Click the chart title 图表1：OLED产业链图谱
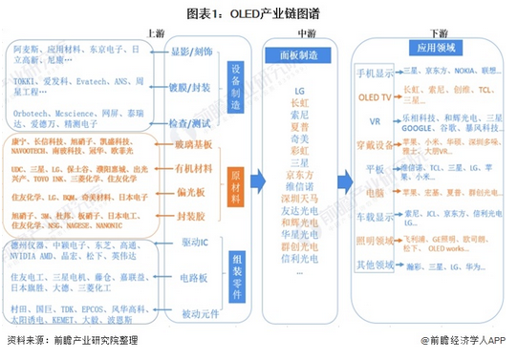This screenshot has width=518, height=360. point(258,11)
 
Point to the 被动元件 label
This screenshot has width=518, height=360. point(193,311)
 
